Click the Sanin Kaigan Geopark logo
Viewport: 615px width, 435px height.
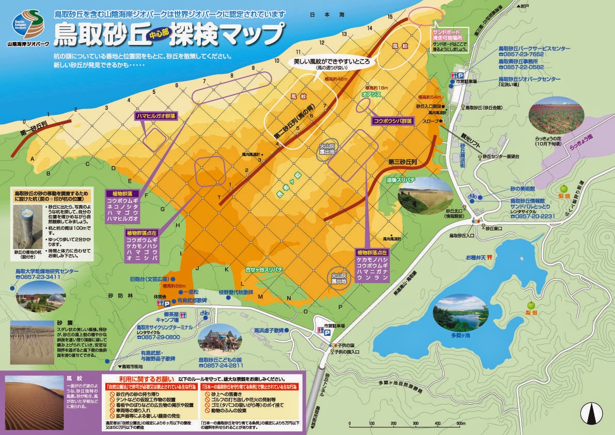[28, 24]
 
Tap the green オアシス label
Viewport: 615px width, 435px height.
[371, 95]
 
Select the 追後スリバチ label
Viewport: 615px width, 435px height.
[401, 179]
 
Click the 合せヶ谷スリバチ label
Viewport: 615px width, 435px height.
[264, 269]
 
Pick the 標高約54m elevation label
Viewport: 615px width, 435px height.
[430, 97]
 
